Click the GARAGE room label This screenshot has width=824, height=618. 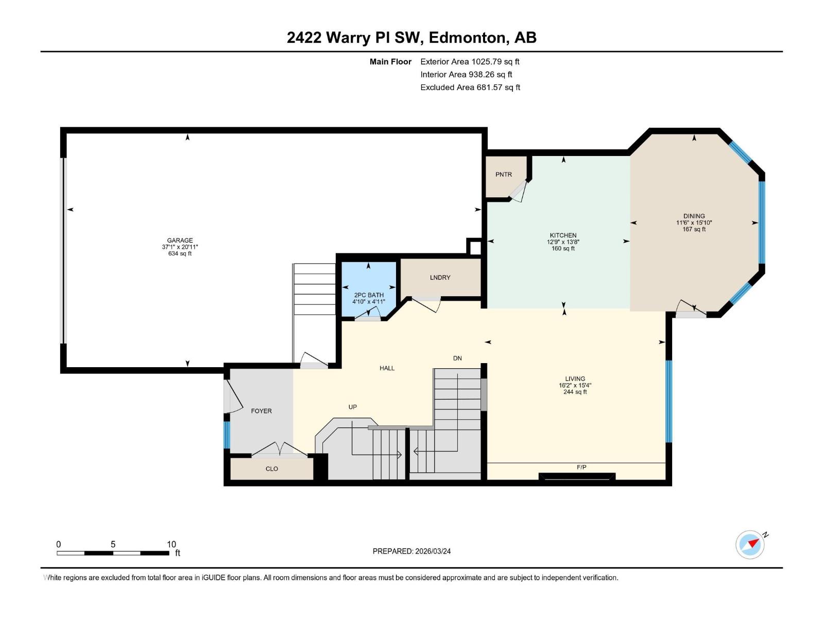click(180, 241)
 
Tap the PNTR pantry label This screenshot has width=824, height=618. click(504, 175)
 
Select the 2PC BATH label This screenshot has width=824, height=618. click(369, 295)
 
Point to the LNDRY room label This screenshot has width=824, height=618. click(440, 278)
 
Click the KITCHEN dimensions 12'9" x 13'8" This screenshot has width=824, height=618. click(563, 242)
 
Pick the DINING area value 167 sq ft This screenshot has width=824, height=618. click(694, 229)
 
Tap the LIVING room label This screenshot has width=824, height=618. click(575, 379)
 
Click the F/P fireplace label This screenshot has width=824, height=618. click(581, 467)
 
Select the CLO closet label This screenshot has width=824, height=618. click(271, 469)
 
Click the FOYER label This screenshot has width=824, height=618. click(261, 411)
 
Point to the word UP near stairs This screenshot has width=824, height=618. click(352, 407)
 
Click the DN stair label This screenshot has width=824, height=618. click(457, 358)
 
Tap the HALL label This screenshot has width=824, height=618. click(387, 368)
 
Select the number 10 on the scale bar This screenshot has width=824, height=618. click(171, 544)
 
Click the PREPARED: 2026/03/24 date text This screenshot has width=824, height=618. click(411, 551)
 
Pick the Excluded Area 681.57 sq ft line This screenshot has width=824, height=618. click(470, 88)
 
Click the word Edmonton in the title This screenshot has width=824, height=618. click(467, 38)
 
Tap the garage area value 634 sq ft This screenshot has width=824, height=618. click(180, 253)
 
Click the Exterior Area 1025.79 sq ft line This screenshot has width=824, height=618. click(470, 62)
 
